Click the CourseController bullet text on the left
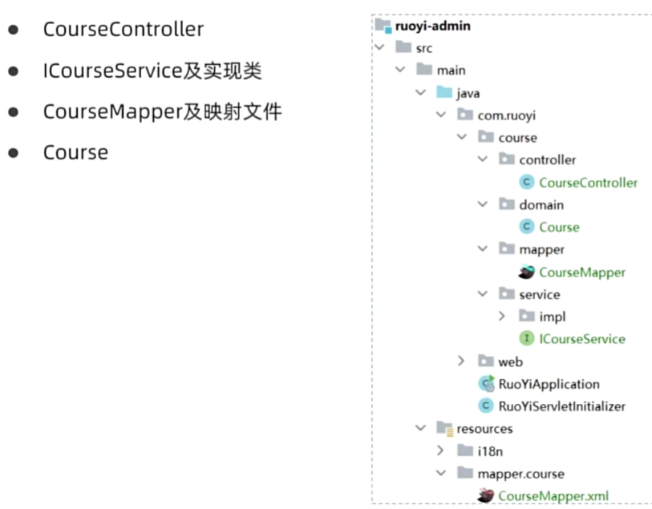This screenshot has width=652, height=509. pos(123,30)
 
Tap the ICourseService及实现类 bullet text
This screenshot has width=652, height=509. pos(152,71)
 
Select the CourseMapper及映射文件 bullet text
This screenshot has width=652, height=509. pos(162,111)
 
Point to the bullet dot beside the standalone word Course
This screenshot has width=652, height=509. pos(14,152)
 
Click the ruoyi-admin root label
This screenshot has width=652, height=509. pos(433,26)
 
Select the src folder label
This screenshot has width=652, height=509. pos(423,48)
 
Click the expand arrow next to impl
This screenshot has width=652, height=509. pos(502,317)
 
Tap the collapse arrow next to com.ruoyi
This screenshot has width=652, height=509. pos(440,115)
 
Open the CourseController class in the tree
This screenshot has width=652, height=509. pos(588,183)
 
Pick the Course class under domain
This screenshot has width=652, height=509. pos(559,227)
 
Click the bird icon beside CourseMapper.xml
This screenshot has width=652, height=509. pos(485,495)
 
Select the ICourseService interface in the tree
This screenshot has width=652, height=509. pos(581,338)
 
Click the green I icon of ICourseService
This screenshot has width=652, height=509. pos(527,338)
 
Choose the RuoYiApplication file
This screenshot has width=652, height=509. pos(549,384)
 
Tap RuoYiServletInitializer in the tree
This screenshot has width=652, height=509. pos(561,406)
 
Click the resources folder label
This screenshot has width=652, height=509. pos(484,429)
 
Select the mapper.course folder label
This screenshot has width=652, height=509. pos(520,473)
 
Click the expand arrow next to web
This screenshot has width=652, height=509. pos(461,362)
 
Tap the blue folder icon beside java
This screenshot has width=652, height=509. pos(443,93)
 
